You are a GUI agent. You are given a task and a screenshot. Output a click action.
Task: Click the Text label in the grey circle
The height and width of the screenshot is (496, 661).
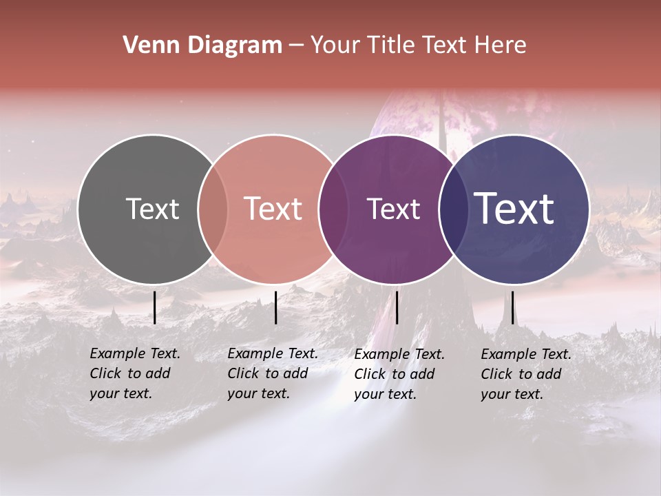pos(152,209)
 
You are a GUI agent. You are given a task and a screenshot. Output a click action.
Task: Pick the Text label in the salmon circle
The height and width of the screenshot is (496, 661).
pos(273,209)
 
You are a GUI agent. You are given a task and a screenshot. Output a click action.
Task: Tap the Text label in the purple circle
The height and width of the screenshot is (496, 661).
pos(393,209)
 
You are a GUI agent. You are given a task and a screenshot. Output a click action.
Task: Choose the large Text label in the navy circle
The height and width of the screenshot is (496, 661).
pos(514,208)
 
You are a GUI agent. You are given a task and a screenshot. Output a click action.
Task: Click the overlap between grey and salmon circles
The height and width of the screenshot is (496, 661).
pos(213,209)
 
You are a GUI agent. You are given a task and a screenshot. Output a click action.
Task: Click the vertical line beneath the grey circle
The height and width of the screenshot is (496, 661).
pos(154,307)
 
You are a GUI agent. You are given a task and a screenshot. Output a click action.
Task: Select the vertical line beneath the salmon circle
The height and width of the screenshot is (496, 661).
pos(275,307)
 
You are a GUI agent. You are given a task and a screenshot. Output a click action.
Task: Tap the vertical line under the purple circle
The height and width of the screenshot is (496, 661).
pos(397,307)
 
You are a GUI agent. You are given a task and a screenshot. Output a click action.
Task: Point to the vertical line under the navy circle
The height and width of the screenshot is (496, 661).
pos(512,307)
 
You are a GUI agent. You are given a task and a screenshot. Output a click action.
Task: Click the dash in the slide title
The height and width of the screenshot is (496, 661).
pos(296,45)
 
